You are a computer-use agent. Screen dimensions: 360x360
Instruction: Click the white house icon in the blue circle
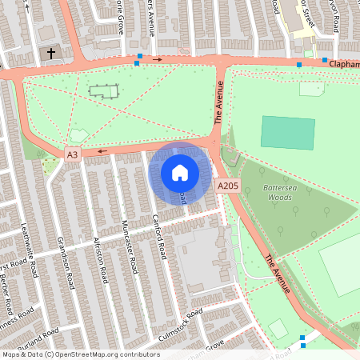(180, 172)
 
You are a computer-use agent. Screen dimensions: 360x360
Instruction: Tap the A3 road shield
(73, 154)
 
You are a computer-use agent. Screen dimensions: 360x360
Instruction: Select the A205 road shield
(227, 186)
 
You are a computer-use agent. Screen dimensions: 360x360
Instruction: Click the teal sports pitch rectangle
(288, 133)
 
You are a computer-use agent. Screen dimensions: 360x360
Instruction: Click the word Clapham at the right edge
(343, 64)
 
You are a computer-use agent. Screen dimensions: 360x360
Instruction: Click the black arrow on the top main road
(158, 59)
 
